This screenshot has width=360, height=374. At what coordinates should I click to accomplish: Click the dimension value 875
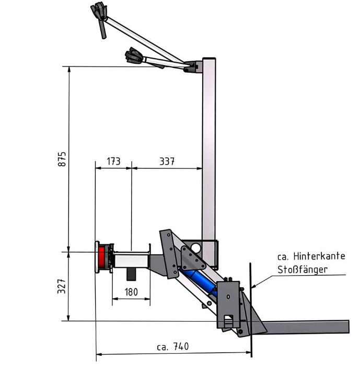[61, 159]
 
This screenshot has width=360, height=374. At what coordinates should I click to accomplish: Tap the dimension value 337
[167, 161]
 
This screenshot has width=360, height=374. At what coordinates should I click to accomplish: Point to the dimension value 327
[61, 286]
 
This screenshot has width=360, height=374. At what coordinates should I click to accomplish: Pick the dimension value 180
[131, 292]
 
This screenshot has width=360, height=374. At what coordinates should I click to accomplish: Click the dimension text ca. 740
[172, 347]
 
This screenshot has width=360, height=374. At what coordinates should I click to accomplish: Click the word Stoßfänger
[303, 269]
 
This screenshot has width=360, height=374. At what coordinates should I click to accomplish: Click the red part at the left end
[101, 256]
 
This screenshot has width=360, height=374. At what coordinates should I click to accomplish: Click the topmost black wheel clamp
[99, 13]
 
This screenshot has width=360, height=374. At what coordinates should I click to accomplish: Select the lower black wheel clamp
[135, 55]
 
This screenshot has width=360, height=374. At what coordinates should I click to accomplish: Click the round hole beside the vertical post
[195, 247]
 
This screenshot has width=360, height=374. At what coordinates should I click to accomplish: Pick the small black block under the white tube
[131, 274]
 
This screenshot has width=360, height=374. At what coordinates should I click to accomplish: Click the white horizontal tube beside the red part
[131, 259]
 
